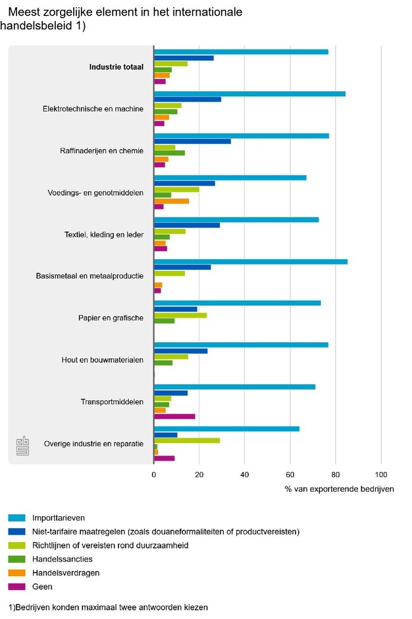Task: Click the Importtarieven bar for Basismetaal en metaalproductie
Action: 250,262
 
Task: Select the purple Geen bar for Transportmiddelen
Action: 174,417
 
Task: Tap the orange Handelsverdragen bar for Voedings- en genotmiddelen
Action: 171,201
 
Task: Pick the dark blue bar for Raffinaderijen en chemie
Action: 192,141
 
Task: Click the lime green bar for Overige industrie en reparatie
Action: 186,440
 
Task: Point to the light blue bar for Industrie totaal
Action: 241,52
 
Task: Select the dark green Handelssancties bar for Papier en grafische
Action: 164,321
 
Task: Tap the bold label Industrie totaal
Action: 116,67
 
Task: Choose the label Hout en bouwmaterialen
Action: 102,360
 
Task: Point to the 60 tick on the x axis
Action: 290,474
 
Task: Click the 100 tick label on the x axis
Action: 381,474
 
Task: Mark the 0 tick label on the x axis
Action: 153,474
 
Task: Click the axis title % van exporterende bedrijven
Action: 339,489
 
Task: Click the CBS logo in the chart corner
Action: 22,445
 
